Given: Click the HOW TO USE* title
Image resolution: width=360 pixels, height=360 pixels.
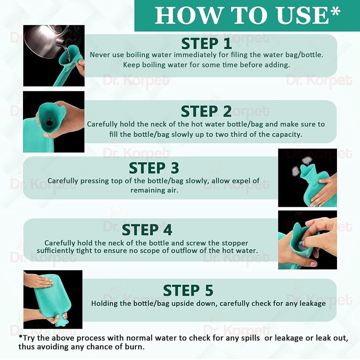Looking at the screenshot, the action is [x=247, y=16].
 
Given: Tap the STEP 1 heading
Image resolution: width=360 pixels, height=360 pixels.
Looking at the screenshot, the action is [x=206, y=44].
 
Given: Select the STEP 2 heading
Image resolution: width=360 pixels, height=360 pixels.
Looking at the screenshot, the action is [x=206, y=111].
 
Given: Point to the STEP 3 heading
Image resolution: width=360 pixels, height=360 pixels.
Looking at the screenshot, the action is [x=154, y=168].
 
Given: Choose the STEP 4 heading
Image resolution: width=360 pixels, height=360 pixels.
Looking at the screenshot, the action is [x=147, y=230].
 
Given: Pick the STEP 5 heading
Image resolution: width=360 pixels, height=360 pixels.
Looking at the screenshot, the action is [x=188, y=290].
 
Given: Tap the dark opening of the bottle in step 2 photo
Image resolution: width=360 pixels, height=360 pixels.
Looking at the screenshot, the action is [x=49, y=123].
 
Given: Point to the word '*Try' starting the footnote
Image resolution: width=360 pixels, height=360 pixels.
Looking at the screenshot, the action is [x=27, y=338].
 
